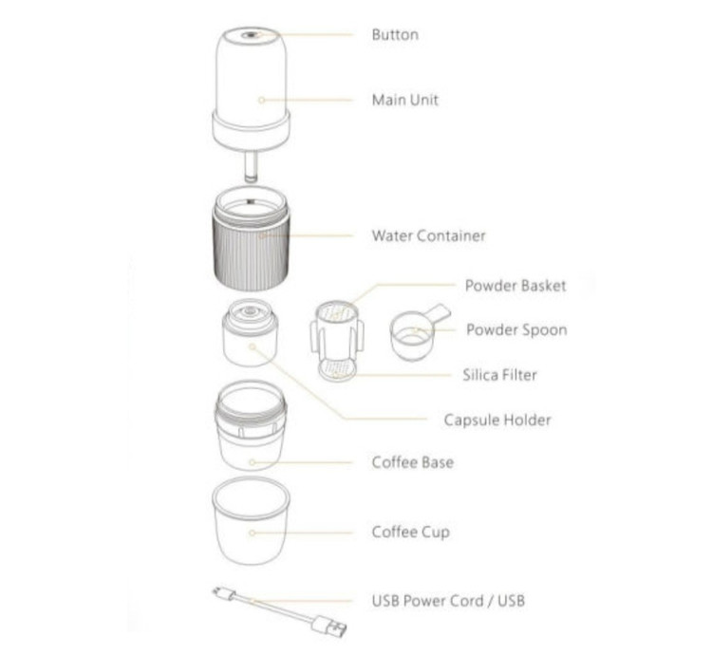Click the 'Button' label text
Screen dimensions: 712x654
[x=395, y=34]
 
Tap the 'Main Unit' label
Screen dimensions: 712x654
[x=405, y=100]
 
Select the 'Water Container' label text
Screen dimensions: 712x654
[x=429, y=235]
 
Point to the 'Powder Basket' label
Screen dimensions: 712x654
[x=515, y=286]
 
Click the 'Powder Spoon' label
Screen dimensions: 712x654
[x=516, y=329]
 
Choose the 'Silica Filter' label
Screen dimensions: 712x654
[x=499, y=375]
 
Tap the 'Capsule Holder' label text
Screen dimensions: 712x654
[x=497, y=420]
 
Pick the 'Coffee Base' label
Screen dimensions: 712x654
[x=412, y=462]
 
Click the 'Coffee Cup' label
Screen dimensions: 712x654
[x=410, y=532]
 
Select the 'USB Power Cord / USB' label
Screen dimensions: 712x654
[x=448, y=601]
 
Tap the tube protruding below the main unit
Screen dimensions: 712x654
[x=251, y=166]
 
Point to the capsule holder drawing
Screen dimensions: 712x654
[x=250, y=332]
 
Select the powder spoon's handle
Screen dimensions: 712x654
[x=439, y=312]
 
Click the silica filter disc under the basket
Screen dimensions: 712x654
[x=337, y=369]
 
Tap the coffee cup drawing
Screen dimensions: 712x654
[x=251, y=520]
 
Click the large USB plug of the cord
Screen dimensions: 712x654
[x=329, y=625]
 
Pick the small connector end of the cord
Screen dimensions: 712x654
[x=223, y=593]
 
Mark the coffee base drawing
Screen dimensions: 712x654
[x=251, y=425]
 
